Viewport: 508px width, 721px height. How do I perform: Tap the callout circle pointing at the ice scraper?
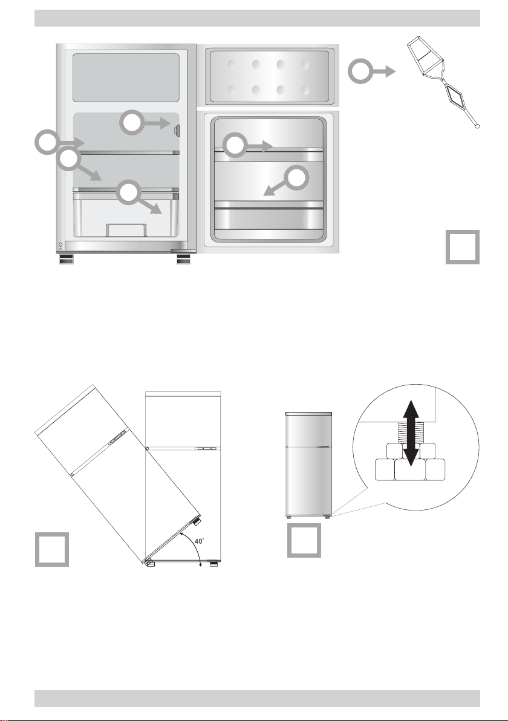(x=360, y=71)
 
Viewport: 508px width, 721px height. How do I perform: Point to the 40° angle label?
(x=199, y=541)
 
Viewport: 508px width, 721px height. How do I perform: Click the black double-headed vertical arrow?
(x=411, y=432)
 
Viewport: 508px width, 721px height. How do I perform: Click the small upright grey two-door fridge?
(x=308, y=465)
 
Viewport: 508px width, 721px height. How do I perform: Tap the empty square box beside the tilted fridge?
(x=52, y=549)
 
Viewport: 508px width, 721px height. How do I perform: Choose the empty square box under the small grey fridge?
(x=304, y=541)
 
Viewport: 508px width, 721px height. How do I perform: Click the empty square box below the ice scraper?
(x=463, y=247)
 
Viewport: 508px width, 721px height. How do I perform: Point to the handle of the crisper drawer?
(x=126, y=230)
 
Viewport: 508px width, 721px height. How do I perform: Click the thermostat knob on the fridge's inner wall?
(x=177, y=131)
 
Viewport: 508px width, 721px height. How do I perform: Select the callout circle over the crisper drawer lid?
(x=128, y=193)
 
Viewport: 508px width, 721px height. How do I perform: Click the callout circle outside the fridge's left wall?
(x=47, y=142)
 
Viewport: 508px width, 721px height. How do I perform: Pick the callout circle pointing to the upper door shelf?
(x=235, y=145)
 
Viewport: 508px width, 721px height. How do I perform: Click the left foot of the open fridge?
(x=66, y=259)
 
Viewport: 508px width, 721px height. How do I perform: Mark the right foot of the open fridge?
(x=184, y=259)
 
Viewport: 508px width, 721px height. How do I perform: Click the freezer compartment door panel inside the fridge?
(x=126, y=77)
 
